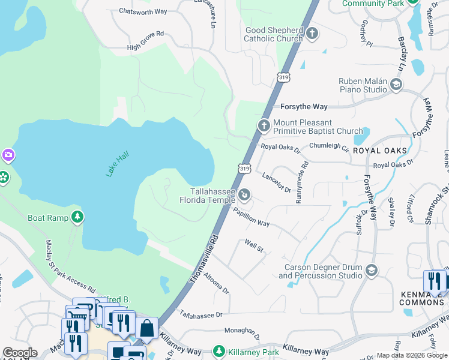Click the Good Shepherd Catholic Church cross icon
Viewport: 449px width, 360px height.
(312, 33)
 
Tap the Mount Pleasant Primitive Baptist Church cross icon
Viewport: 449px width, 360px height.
(263, 125)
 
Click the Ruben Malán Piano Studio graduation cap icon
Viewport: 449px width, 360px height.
(396, 85)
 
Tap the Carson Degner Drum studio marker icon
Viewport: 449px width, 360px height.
(371, 271)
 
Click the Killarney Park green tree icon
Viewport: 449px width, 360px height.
(220, 350)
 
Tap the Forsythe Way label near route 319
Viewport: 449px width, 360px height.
(304, 107)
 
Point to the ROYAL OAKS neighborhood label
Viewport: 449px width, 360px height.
(379, 151)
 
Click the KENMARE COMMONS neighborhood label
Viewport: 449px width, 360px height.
(421, 298)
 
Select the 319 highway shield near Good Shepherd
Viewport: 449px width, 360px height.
(284, 77)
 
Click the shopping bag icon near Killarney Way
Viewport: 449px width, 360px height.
(146, 328)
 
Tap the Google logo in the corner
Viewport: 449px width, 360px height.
(20, 353)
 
